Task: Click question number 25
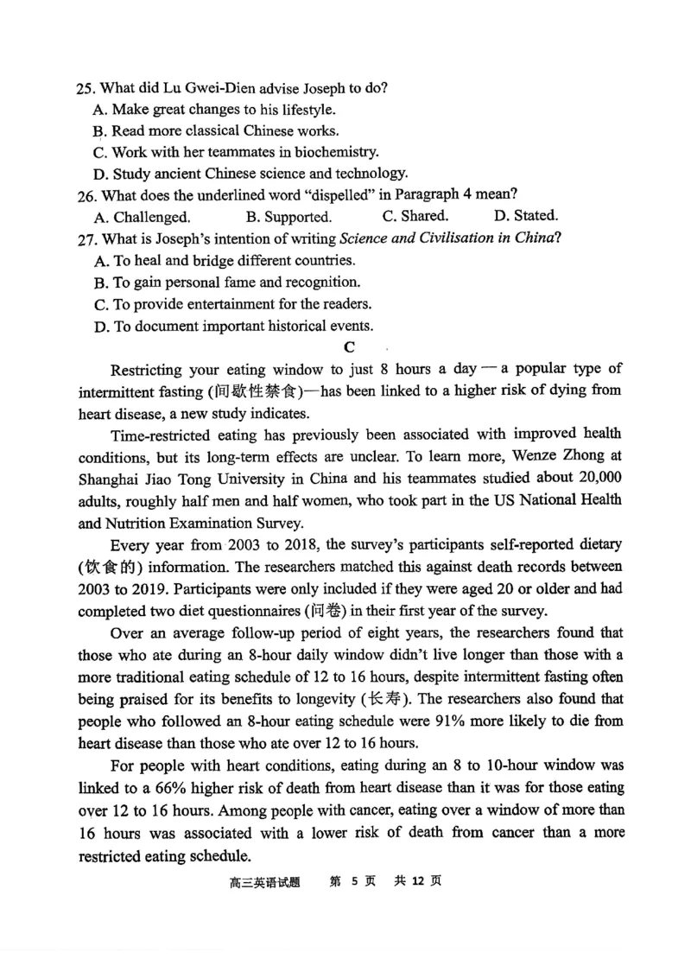86,89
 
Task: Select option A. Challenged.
142,217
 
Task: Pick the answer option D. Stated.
525,216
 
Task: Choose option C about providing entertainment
231,304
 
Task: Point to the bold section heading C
349,347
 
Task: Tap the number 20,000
599,478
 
